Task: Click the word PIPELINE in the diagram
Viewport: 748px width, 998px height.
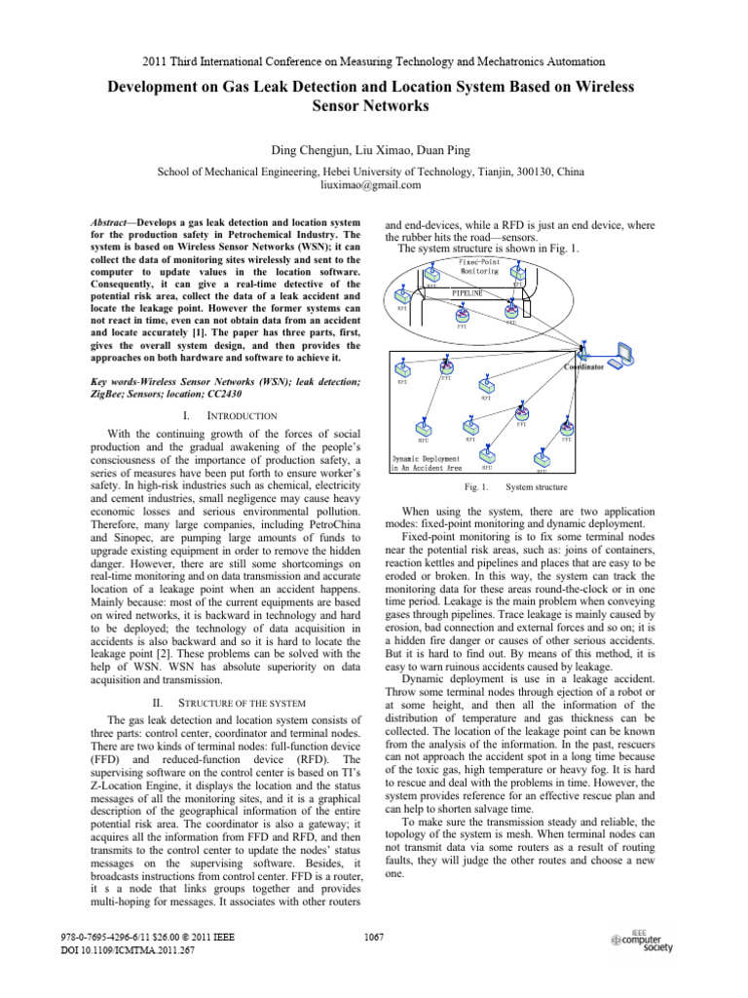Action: [x=470, y=291]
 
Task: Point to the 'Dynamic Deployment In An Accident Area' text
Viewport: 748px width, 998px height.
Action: [x=427, y=462]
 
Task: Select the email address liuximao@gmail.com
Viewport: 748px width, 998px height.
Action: [x=374, y=184]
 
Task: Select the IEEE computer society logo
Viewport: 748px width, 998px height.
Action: [x=642, y=941]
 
